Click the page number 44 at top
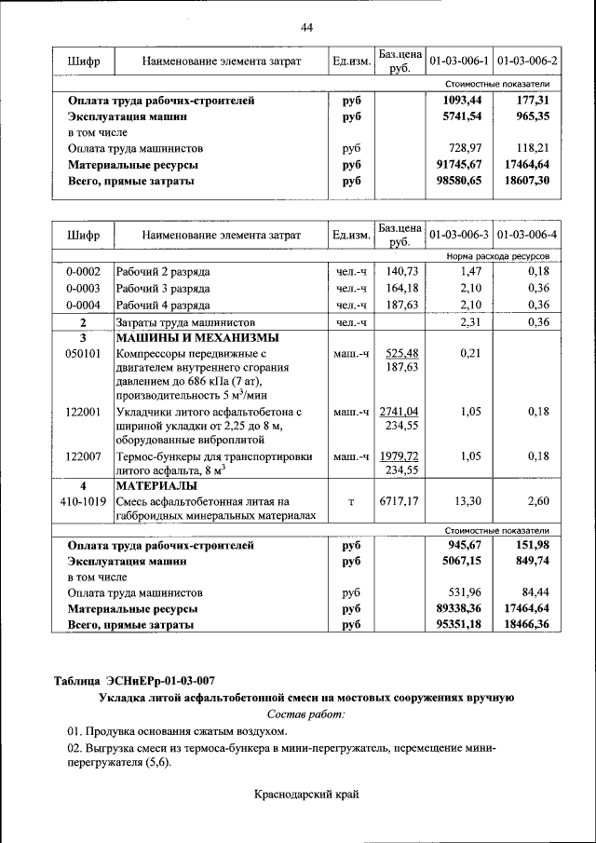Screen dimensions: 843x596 pyautogui.click(x=306, y=28)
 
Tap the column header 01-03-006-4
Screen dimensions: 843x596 pyautogui.click(x=527, y=234)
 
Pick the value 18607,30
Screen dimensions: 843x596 pyautogui.click(x=530, y=181)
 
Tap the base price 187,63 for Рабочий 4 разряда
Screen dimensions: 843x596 pyautogui.click(x=401, y=305)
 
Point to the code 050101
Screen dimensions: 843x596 pyautogui.click(x=83, y=354)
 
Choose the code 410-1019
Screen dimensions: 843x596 pyautogui.click(x=83, y=501)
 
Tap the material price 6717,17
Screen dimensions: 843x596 pyautogui.click(x=400, y=501)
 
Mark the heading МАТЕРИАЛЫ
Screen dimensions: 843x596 pyautogui.click(x=156, y=485)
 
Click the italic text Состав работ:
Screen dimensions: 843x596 pyautogui.click(x=305, y=714)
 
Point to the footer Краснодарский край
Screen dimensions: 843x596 pyautogui.click(x=305, y=794)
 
